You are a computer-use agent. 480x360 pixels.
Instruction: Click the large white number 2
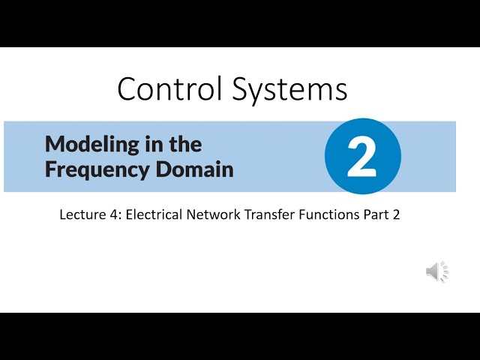tap(362, 157)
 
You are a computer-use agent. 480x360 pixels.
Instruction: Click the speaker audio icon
tap(437, 271)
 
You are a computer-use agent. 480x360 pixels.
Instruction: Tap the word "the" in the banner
tap(184, 142)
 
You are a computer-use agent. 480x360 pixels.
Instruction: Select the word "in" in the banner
tap(151, 142)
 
